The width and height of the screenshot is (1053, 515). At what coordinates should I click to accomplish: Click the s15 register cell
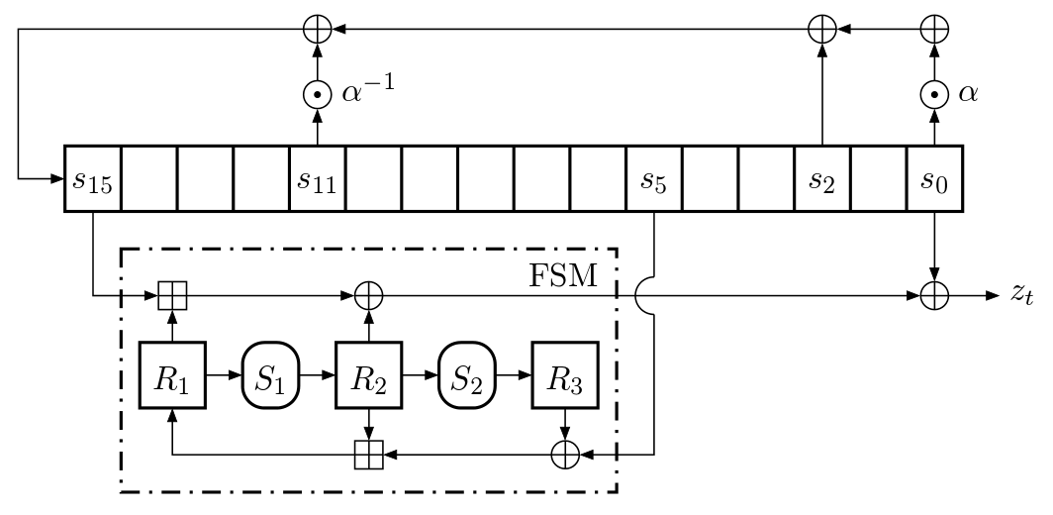point(93,179)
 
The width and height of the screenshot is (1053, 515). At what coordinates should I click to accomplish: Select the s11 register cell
point(318,179)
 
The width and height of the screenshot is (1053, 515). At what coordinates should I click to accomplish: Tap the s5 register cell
point(654,179)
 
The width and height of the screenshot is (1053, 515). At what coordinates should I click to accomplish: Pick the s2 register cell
point(822,179)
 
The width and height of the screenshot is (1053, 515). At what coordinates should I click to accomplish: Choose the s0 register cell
point(935,179)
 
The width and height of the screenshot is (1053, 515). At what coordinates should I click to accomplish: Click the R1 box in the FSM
point(172,375)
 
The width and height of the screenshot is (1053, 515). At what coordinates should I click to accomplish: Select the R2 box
point(369,375)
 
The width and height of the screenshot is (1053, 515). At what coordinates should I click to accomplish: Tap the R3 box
point(565,375)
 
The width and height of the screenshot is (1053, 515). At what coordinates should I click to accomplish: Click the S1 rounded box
point(270,375)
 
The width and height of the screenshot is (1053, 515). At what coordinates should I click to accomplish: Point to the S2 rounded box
point(467,375)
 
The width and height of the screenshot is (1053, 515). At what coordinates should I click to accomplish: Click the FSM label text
point(563,275)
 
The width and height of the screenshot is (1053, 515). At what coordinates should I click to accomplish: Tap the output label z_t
point(1021,295)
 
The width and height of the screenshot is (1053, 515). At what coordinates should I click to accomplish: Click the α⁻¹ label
point(368,91)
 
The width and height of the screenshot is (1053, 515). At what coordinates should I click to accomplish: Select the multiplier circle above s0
point(935,95)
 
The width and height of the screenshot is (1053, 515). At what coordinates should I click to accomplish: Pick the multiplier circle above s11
point(318,95)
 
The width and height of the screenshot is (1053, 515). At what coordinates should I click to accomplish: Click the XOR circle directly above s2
point(822,30)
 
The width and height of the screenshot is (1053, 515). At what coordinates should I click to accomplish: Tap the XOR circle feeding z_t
point(935,296)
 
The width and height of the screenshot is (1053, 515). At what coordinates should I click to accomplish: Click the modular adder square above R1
point(172,296)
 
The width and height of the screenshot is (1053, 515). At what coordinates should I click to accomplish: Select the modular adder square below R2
point(369,455)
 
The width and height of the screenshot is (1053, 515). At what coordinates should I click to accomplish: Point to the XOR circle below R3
point(565,455)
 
